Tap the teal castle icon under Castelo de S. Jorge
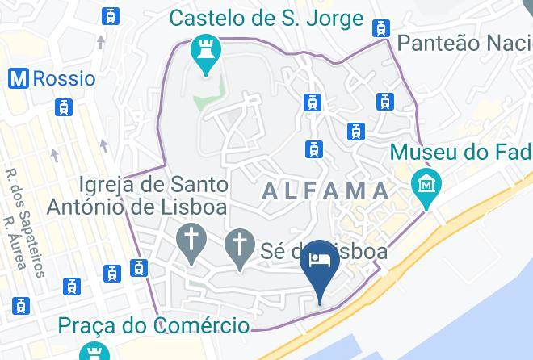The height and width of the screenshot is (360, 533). tap(205, 54)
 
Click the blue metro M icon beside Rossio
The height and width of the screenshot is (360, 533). tap(18, 78)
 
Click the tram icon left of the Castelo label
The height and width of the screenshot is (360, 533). tap(111, 15)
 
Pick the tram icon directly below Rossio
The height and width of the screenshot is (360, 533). tap(62, 107)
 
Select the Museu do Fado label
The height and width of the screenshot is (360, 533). tap(461, 151)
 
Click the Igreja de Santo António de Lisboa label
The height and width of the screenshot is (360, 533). tap(136, 195)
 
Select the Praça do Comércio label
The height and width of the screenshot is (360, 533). tap(153, 326)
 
